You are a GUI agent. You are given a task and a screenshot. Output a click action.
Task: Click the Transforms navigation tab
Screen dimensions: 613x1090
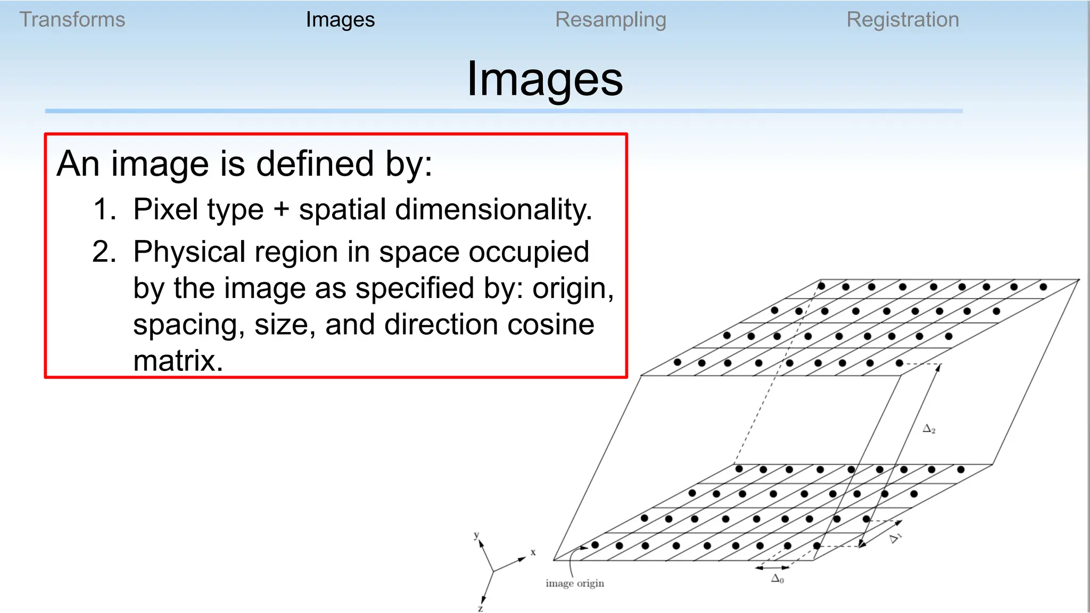click(x=72, y=20)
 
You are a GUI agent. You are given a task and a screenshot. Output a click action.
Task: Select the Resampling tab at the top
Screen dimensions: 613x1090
click(x=610, y=20)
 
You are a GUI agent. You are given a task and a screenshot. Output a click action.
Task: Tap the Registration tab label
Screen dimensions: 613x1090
click(x=903, y=20)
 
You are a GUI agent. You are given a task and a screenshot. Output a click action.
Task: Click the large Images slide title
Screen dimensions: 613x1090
click(x=544, y=79)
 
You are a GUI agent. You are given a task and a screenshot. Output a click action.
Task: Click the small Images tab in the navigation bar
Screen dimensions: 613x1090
click(x=340, y=20)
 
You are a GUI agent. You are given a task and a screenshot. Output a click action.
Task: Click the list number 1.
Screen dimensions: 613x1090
click(x=103, y=209)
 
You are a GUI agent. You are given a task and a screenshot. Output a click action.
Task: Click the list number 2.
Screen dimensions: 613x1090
click(x=103, y=252)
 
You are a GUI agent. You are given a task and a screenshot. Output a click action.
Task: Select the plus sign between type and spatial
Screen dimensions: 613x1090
click(x=281, y=210)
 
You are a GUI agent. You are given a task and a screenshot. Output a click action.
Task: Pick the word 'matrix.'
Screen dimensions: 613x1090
click(x=178, y=361)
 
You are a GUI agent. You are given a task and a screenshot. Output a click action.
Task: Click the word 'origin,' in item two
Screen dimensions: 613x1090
click(x=573, y=288)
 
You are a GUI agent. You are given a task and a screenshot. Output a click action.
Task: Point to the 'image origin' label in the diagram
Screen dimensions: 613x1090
click(x=575, y=583)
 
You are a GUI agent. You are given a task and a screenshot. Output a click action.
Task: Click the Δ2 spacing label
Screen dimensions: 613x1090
click(x=929, y=429)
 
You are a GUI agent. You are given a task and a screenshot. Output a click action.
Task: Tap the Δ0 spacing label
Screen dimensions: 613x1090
click(x=778, y=579)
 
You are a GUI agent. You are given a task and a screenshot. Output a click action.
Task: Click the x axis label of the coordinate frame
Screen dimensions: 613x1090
click(x=533, y=552)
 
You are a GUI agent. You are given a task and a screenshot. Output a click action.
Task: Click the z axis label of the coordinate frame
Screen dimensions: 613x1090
click(x=480, y=608)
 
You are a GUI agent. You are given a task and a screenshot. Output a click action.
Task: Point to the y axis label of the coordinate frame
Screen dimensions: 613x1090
click(x=476, y=535)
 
